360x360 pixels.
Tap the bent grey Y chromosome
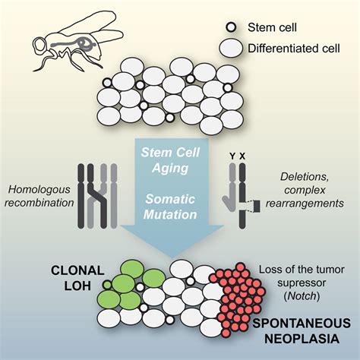tap(229, 190)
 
